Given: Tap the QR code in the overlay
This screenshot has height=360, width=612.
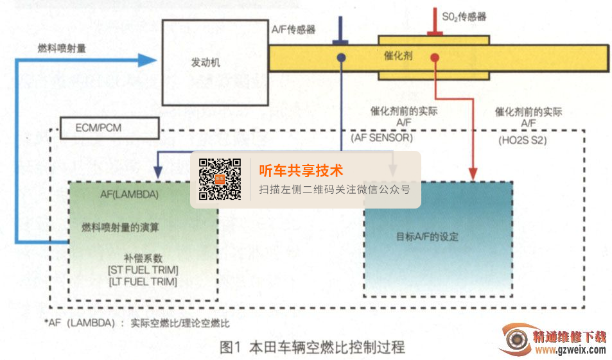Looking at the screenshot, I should [x=220, y=180].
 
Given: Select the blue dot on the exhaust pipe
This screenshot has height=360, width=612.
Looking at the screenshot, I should [x=341, y=58].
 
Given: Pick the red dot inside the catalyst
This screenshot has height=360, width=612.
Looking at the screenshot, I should [x=435, y=58].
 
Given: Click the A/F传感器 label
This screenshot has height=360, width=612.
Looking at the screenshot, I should [x=293, y=30].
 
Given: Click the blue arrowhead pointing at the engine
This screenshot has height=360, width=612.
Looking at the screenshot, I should [x=148, y=60].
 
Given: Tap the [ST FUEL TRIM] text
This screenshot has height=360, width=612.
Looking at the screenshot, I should [x=143, y=270].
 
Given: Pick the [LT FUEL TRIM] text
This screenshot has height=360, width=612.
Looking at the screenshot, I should [x=143, y=281].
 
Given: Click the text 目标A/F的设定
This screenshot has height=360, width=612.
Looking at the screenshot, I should [x=427, y=236].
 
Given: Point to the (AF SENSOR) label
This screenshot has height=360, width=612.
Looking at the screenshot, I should [x=381, y=137].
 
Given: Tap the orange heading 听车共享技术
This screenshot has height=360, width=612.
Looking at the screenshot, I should [x=301, y=171].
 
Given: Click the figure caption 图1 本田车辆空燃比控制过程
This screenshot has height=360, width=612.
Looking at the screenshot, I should [x=312, y=348].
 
